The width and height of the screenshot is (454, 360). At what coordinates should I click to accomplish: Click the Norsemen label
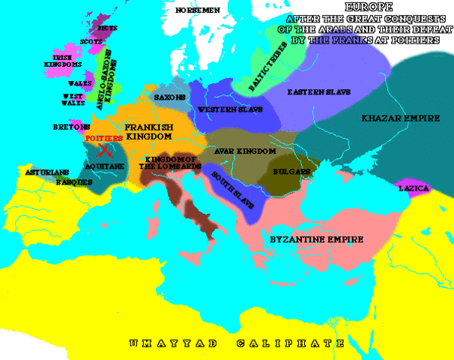click(198, 10)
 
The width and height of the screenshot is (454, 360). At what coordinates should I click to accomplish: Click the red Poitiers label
click(104, 139)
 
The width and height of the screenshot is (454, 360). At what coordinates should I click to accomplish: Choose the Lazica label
click(414, 188)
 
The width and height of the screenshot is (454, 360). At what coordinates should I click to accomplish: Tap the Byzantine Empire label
click(315, 240)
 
